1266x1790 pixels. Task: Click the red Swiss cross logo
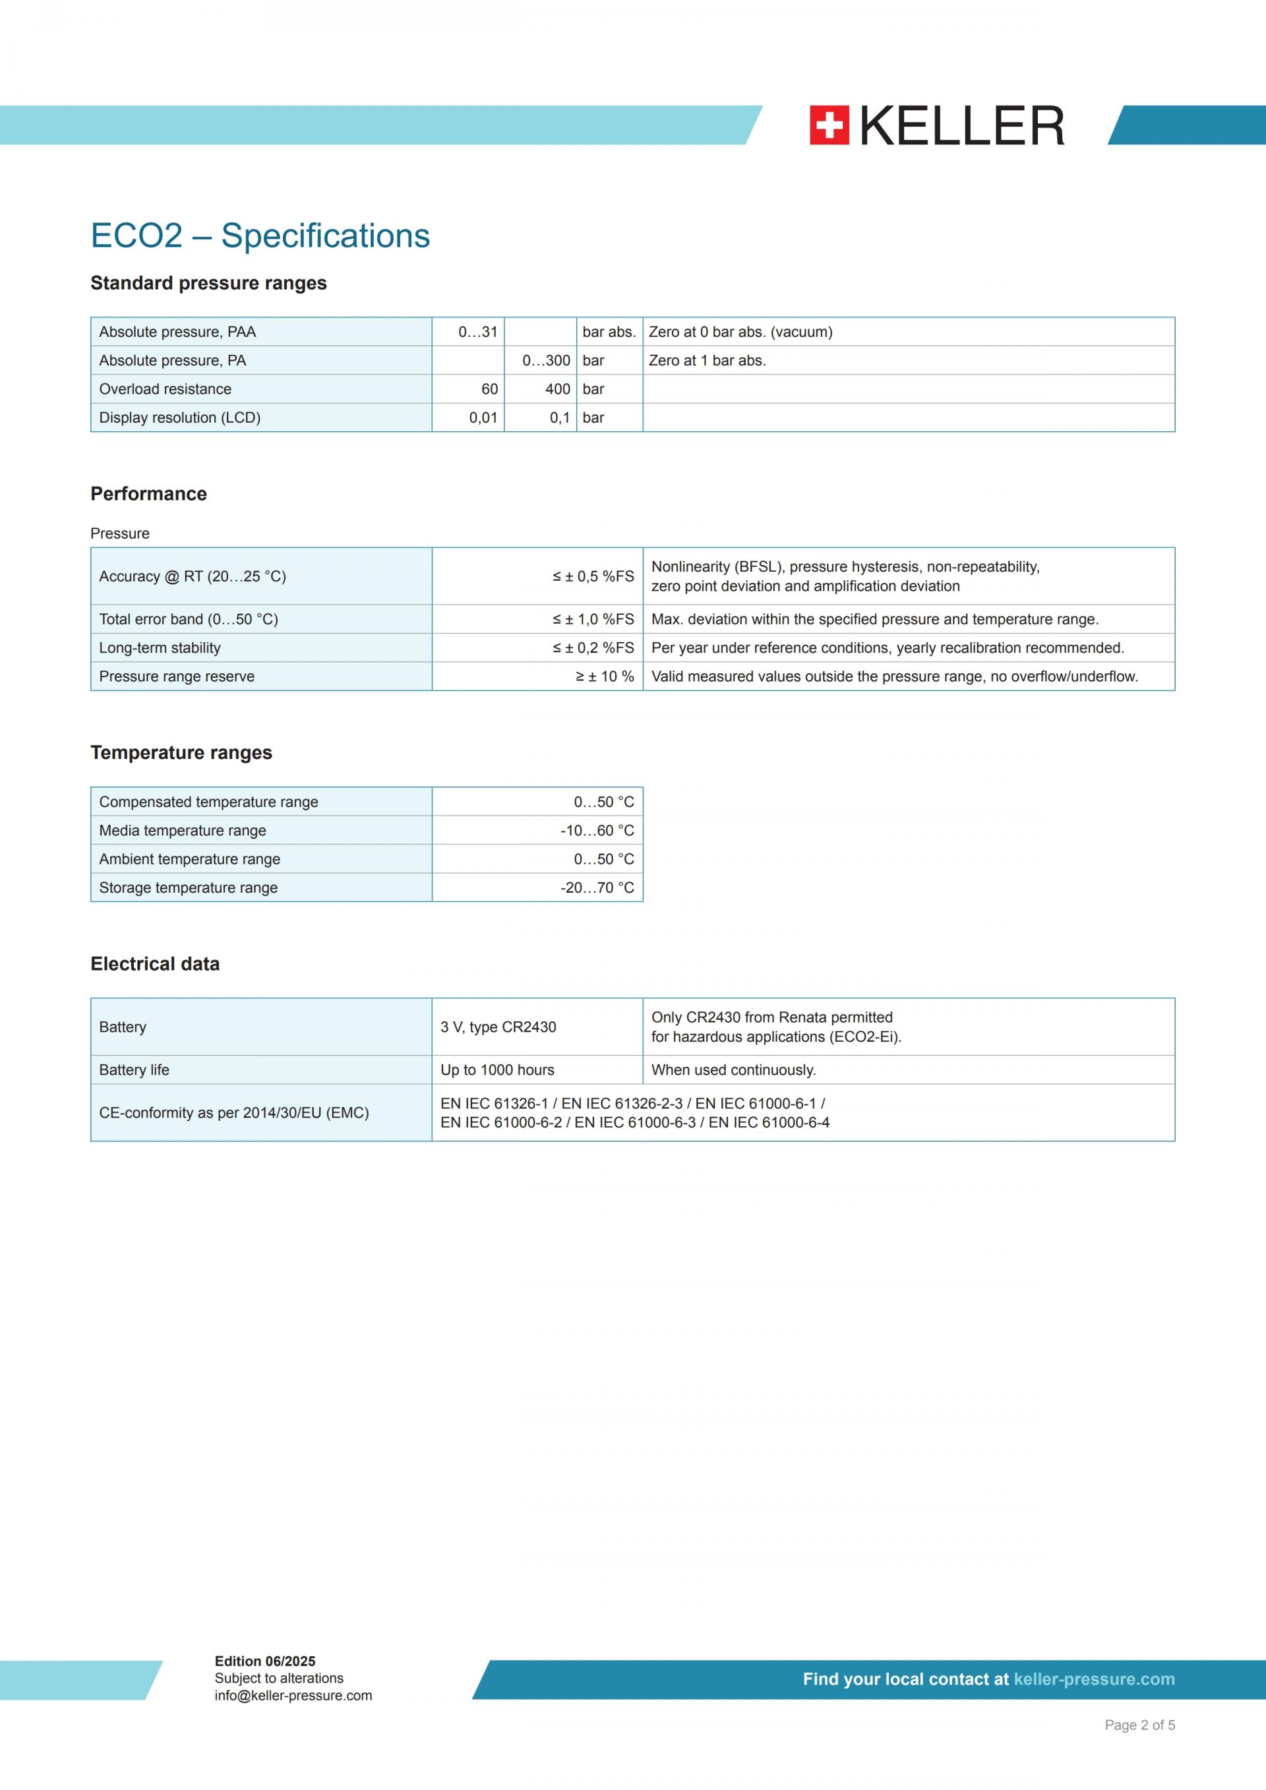[829, 125]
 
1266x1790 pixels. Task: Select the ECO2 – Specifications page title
[260, 235]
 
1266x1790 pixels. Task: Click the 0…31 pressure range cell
[477, 332]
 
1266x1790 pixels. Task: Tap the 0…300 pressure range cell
[546, 361]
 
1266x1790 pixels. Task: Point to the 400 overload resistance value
[557, 389]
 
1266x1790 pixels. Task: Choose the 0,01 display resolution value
[483, 418]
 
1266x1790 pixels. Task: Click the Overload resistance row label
[166, 389]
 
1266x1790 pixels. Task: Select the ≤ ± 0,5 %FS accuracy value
[593, 576]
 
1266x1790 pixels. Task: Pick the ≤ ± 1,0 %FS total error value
[593, 619]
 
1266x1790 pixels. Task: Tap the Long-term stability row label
[160, 648]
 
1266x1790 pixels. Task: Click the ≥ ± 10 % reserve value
[605, 676]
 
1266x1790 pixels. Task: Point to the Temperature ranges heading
[181, 752]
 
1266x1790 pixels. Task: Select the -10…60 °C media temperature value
[597, 830]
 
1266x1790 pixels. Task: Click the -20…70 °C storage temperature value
[597, 887]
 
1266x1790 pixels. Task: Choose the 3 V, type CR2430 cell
[498, 1027]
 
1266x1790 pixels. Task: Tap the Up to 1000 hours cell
[497, 1069]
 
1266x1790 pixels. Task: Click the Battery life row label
[134, 1069]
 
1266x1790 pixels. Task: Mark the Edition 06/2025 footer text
[265, 1661]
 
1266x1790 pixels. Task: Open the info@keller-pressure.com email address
[293, 1696]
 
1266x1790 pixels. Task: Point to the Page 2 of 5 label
[1139, 1725]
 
